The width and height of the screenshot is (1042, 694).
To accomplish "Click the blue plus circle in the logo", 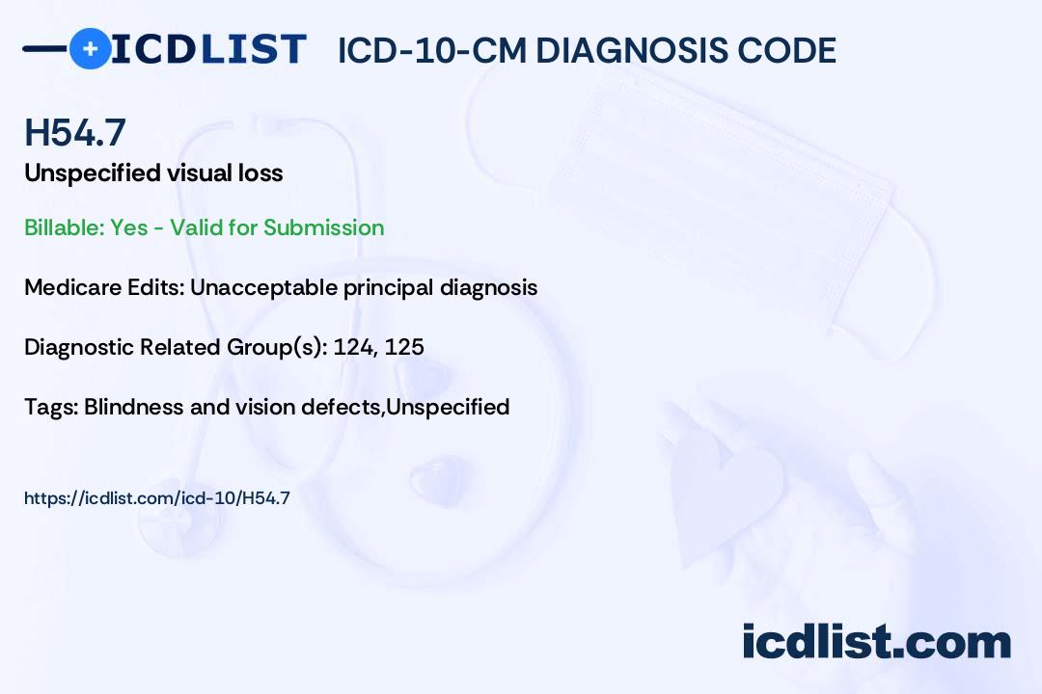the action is click(x=90, y=48).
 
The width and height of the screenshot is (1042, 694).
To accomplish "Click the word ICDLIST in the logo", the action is click(x=208, y=49).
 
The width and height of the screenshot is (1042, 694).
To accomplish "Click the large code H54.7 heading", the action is click(x=75, y=132).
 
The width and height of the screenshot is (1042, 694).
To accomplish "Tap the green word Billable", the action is click(x=64, y=227).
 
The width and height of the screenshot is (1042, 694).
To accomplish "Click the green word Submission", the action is click(x=323, y=227).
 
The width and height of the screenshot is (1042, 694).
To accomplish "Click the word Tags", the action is click(x=51, y=407).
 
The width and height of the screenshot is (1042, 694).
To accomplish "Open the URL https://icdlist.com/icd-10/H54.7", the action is click(x=157, y=498).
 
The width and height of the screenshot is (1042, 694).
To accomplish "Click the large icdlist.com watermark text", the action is click(x=876, y=642).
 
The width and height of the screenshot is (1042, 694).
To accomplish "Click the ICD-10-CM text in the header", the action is click(x=431, y=51).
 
